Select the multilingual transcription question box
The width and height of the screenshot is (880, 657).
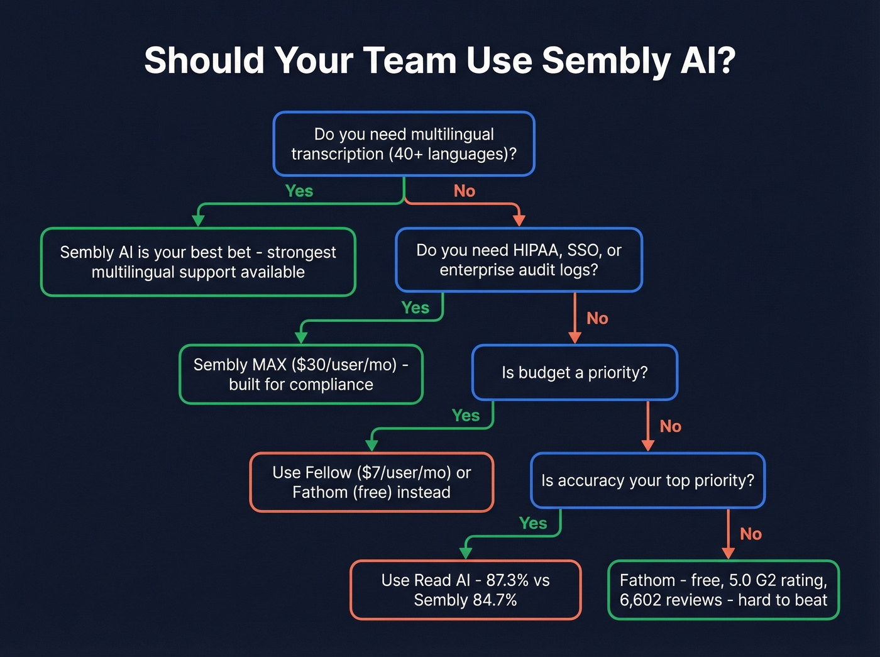pyautogui.click(x=404, y=144)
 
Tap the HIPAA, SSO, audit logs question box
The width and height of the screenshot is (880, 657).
pyautogui.click(x=519, y=260)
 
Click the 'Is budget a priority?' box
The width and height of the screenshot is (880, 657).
pyautogui.click(x=575, y=372)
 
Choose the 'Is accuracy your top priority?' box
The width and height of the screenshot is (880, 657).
pyautogui.click(x=647, y=480)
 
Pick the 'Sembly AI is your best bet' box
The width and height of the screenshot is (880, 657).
pyautogui.click(x=198, y=262)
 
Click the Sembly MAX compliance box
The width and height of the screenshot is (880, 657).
pyautogui.click(x=301, y=374)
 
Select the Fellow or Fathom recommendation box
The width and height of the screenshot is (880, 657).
pyautogui.click(x=371, y=482)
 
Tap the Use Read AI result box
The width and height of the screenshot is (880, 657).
pyautogui.click(x=465, y=590)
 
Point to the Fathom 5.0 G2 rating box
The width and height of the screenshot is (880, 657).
pyautogui.click(x=723, y=590)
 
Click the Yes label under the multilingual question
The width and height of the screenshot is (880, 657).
pyautogui.click(x=299, y=191)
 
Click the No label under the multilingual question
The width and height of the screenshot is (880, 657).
pyautogui.click(x=465, y=191)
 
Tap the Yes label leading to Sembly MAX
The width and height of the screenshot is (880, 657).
pyautogui.click(x=415, y=308)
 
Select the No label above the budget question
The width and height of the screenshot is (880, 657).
pyautogui.click(x=597, y=319)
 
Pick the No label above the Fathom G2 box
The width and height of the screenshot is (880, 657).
pyautogui.click(x=751, y=534)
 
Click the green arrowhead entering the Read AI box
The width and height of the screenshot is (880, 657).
pyautogui.click(x=466, y=553)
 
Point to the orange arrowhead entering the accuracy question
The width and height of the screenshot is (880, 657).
pyautogui.click(x=648, y=445)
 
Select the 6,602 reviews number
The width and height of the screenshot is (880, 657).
pyautogui.click(x=639, y=600)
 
